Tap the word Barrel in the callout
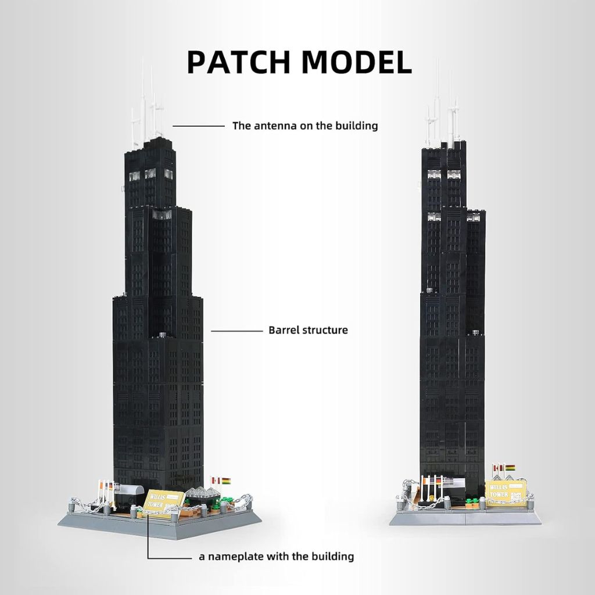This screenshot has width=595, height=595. point(284,330)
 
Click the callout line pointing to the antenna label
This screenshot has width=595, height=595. point(199,126)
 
